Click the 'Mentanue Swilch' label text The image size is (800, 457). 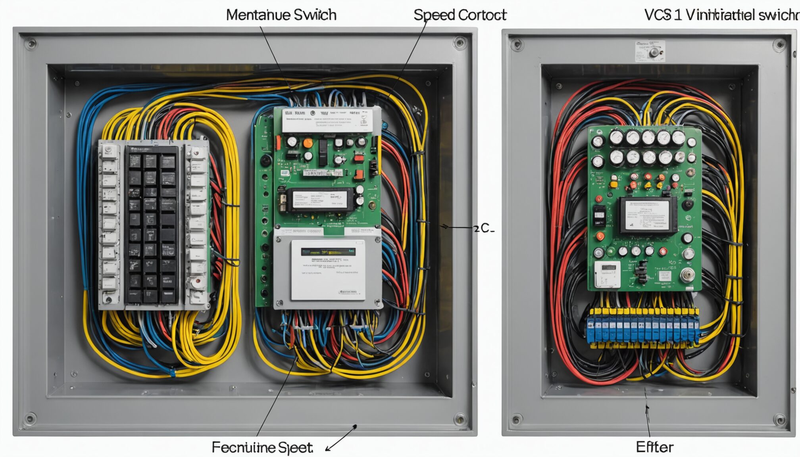click(281, 15)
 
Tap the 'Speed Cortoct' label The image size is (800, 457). click(460, 15)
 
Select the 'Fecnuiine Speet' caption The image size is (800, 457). click(262, 447)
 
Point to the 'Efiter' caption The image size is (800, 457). click(654, 447)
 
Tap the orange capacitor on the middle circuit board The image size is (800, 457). click(308, 143)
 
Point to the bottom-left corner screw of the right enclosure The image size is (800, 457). click(516, 419)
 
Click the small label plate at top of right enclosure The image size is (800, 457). click(650, 51)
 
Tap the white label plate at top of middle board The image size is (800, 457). click(327, 120)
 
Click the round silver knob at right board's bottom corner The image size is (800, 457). click(687, 275)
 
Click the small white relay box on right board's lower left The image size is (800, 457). click(607, 274)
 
